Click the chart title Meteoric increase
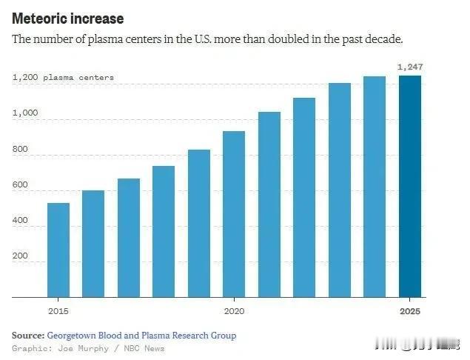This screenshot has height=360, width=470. (x=67, y=19)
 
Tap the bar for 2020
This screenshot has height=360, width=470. (x=234, y=215)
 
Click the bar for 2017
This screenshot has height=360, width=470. (x=128, y=238)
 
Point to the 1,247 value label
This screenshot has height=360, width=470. (x=409, y=67)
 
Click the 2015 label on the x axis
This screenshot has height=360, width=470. (x=58, y=311)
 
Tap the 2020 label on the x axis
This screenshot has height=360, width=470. (x=234, y=311)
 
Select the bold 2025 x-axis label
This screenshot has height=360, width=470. (x=409, y=311)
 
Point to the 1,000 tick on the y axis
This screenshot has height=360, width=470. (x=24, y=113)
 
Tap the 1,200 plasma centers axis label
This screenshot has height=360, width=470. (x=63, y=78)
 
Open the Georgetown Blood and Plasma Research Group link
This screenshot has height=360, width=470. (x=141, y=336)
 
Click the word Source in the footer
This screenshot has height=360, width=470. (x=27, y=336)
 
